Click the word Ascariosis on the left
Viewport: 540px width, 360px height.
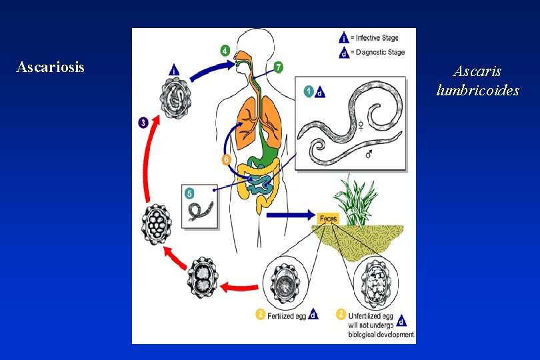(x=51, y=67)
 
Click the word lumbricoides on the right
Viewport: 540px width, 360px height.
(x=477, y=90)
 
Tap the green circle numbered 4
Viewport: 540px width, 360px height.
(x=225, y=50)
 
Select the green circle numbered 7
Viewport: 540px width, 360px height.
(x=278, y=67)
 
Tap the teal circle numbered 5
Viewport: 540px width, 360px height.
(x=190, y=194)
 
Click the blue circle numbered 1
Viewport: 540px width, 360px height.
(x=309, y=91)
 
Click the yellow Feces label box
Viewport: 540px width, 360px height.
(x=329, y=219)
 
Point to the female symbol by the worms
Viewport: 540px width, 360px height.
(x=361, y=125)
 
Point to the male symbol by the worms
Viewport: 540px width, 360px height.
(x=369, y=154)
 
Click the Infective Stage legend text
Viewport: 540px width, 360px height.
(x=377, y=39)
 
